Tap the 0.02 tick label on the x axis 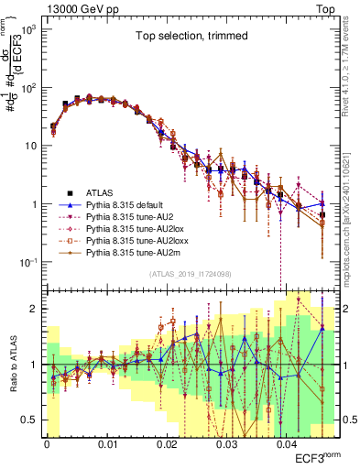tap(166, 443)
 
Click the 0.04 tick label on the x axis tap(286, 443)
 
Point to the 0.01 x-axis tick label tap(106, 443)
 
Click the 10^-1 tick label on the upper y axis tap(27, 263)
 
